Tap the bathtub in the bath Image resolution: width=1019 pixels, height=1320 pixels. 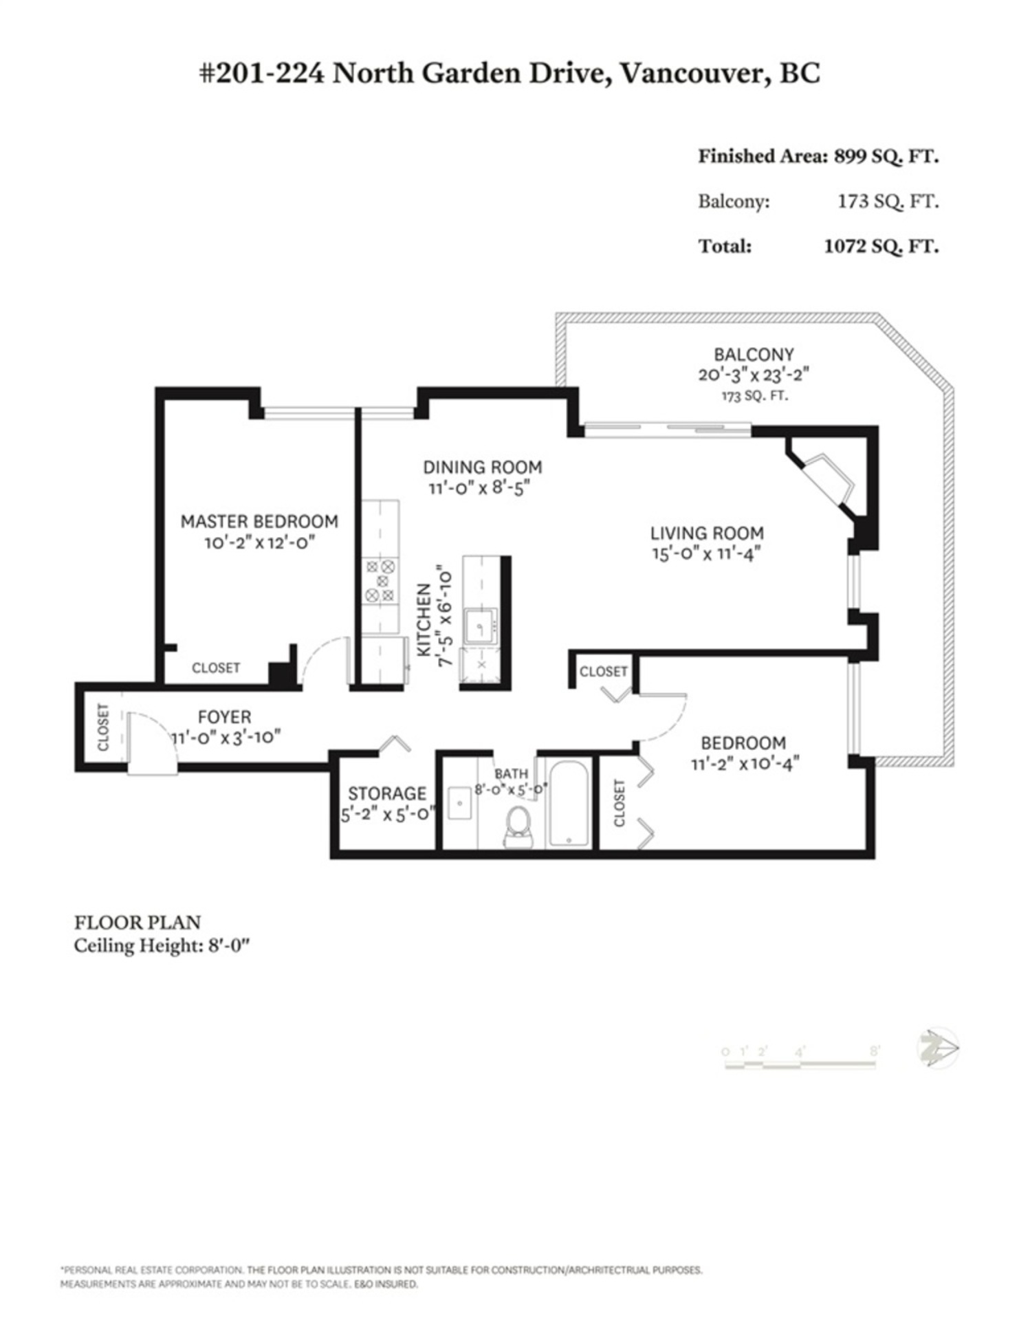(569, 804)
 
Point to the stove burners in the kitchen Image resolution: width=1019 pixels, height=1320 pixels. (380, 581)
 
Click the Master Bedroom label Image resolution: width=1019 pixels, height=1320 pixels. (259, 521)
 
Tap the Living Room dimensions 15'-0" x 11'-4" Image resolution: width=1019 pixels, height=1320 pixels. (707, 553)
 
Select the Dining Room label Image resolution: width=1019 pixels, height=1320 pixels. (482, 467)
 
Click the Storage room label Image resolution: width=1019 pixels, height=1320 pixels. (386, 793)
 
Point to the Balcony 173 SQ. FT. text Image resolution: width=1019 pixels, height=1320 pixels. (754, 397)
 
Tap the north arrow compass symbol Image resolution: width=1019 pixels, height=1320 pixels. (938, 1048)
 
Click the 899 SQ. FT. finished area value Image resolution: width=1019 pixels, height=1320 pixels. (886, 157)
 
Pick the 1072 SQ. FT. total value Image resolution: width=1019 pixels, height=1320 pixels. (881, 246)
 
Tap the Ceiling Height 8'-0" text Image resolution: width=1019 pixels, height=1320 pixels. (161, 946)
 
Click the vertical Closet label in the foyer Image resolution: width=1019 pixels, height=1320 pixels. (103, 727)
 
